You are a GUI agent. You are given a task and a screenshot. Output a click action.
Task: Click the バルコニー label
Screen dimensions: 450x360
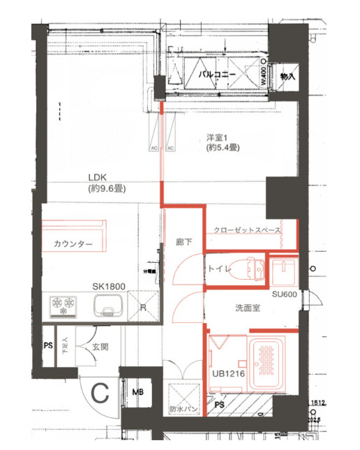coord(217,73)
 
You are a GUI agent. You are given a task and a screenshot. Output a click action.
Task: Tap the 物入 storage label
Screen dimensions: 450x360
coord(287,75)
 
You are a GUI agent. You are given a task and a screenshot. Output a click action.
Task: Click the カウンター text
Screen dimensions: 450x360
coord(73,244)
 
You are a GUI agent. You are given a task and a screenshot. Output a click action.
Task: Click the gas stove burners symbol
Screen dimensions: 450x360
coord(63,304)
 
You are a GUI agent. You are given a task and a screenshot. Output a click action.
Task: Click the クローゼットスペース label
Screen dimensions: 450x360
coord(247,230)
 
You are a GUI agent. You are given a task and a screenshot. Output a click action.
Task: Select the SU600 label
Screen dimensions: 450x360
coord(285,294)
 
